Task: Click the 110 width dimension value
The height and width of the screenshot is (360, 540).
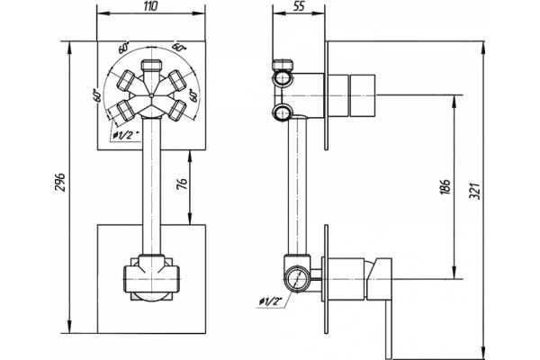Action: [151, 6]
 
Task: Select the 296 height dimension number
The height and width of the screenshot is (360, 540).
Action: [60, 183]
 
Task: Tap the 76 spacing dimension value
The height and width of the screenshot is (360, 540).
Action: [182, 184]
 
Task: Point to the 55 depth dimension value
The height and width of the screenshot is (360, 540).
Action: [299, 6]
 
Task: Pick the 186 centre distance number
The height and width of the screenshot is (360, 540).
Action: [445, 186]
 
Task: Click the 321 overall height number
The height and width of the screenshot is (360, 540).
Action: [474, 191]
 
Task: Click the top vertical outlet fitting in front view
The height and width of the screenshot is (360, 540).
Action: [151, 66]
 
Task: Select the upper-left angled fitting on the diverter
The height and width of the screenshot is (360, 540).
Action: [126, 79]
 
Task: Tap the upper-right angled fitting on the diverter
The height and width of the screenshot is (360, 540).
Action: [176, 79]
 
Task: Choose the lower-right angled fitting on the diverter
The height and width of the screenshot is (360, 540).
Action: [177, 110]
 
